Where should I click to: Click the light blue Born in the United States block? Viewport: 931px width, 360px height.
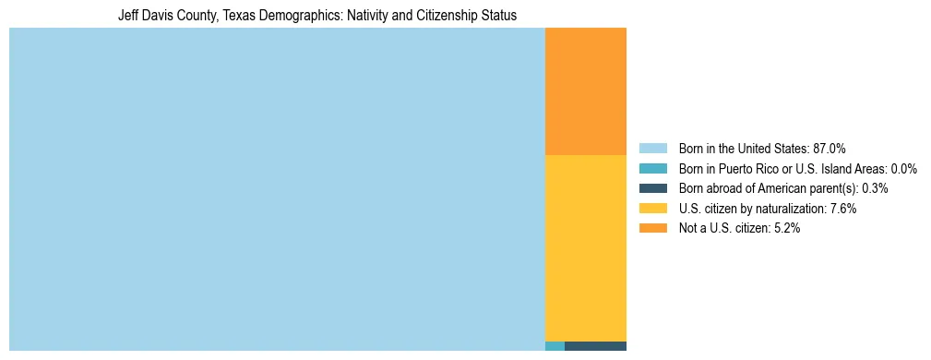pos(277,189)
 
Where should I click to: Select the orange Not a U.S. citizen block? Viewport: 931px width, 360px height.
pos(586,91)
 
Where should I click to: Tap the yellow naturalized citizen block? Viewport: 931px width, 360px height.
pos(586,247)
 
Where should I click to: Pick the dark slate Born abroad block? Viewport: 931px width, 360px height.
pos(595,346)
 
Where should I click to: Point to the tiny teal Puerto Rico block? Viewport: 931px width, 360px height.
pos(555,346)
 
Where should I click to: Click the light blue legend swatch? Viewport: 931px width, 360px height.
pos(652,149)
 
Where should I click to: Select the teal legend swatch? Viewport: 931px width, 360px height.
pos(652,169)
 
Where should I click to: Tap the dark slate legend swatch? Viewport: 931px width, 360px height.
pos(652,188)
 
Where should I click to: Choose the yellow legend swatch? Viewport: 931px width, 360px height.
pos(652,209)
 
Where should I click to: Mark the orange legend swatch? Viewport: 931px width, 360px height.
pos(652,229)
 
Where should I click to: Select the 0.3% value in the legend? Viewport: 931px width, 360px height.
pos(875,188)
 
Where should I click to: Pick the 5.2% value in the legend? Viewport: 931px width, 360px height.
pos(787,229)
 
